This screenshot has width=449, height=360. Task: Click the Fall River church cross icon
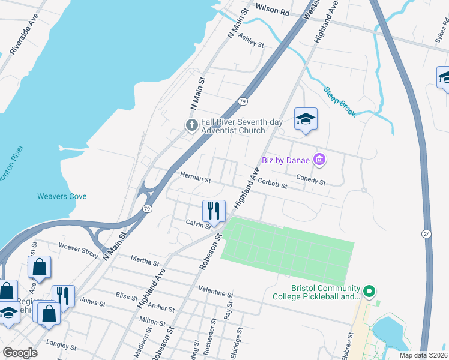point(191,125)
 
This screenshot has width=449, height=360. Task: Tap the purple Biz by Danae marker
point(320,160)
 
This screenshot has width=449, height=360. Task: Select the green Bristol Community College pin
point(369,292)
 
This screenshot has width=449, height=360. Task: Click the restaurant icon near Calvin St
point(214,211)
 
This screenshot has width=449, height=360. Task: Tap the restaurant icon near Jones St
point(63,296)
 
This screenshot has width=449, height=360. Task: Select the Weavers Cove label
point(62,196)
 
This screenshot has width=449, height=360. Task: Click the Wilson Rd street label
point(272,9)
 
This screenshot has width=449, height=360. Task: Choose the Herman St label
point(196,179)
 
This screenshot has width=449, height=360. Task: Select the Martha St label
point(145,260)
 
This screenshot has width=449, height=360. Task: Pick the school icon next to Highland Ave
point(306,119)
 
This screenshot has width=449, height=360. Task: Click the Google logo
point(20,352)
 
